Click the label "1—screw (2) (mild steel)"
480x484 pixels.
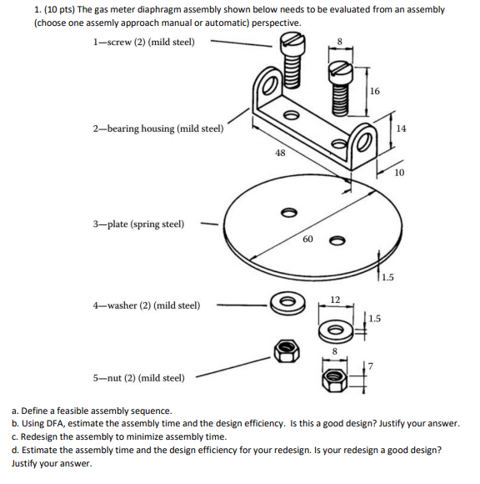[144, 42]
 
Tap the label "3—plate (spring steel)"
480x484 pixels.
[139, 224]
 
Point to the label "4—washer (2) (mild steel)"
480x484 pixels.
[147, 305]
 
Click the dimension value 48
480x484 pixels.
[280, 153]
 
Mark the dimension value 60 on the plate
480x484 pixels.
[307, 239]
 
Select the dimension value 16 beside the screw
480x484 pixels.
[374, 91]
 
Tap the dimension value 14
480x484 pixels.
[402, 128]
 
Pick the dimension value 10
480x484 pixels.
[400, 173]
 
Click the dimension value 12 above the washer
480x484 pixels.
[335, 299]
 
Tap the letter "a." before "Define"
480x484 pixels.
[16, 411]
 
